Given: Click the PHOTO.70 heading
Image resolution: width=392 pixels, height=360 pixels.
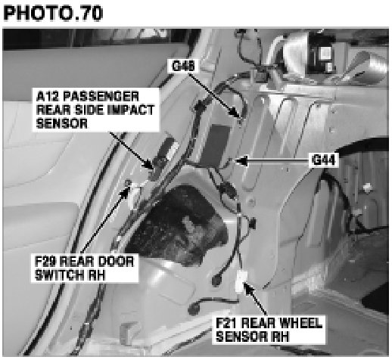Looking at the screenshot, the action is point(53,14).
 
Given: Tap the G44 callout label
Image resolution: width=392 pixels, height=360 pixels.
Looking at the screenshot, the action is point(323,160).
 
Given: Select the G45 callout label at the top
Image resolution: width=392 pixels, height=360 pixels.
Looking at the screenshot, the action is point(183,66).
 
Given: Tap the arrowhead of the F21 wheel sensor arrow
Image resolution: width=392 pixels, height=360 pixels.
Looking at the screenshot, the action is point(248,288).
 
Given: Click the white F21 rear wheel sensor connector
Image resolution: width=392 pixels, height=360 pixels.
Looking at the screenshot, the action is point(241,281).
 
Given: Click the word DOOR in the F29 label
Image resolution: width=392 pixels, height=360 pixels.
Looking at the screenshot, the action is point(116,261).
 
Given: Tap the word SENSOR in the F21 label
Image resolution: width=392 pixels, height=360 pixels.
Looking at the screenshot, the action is point(241,337).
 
